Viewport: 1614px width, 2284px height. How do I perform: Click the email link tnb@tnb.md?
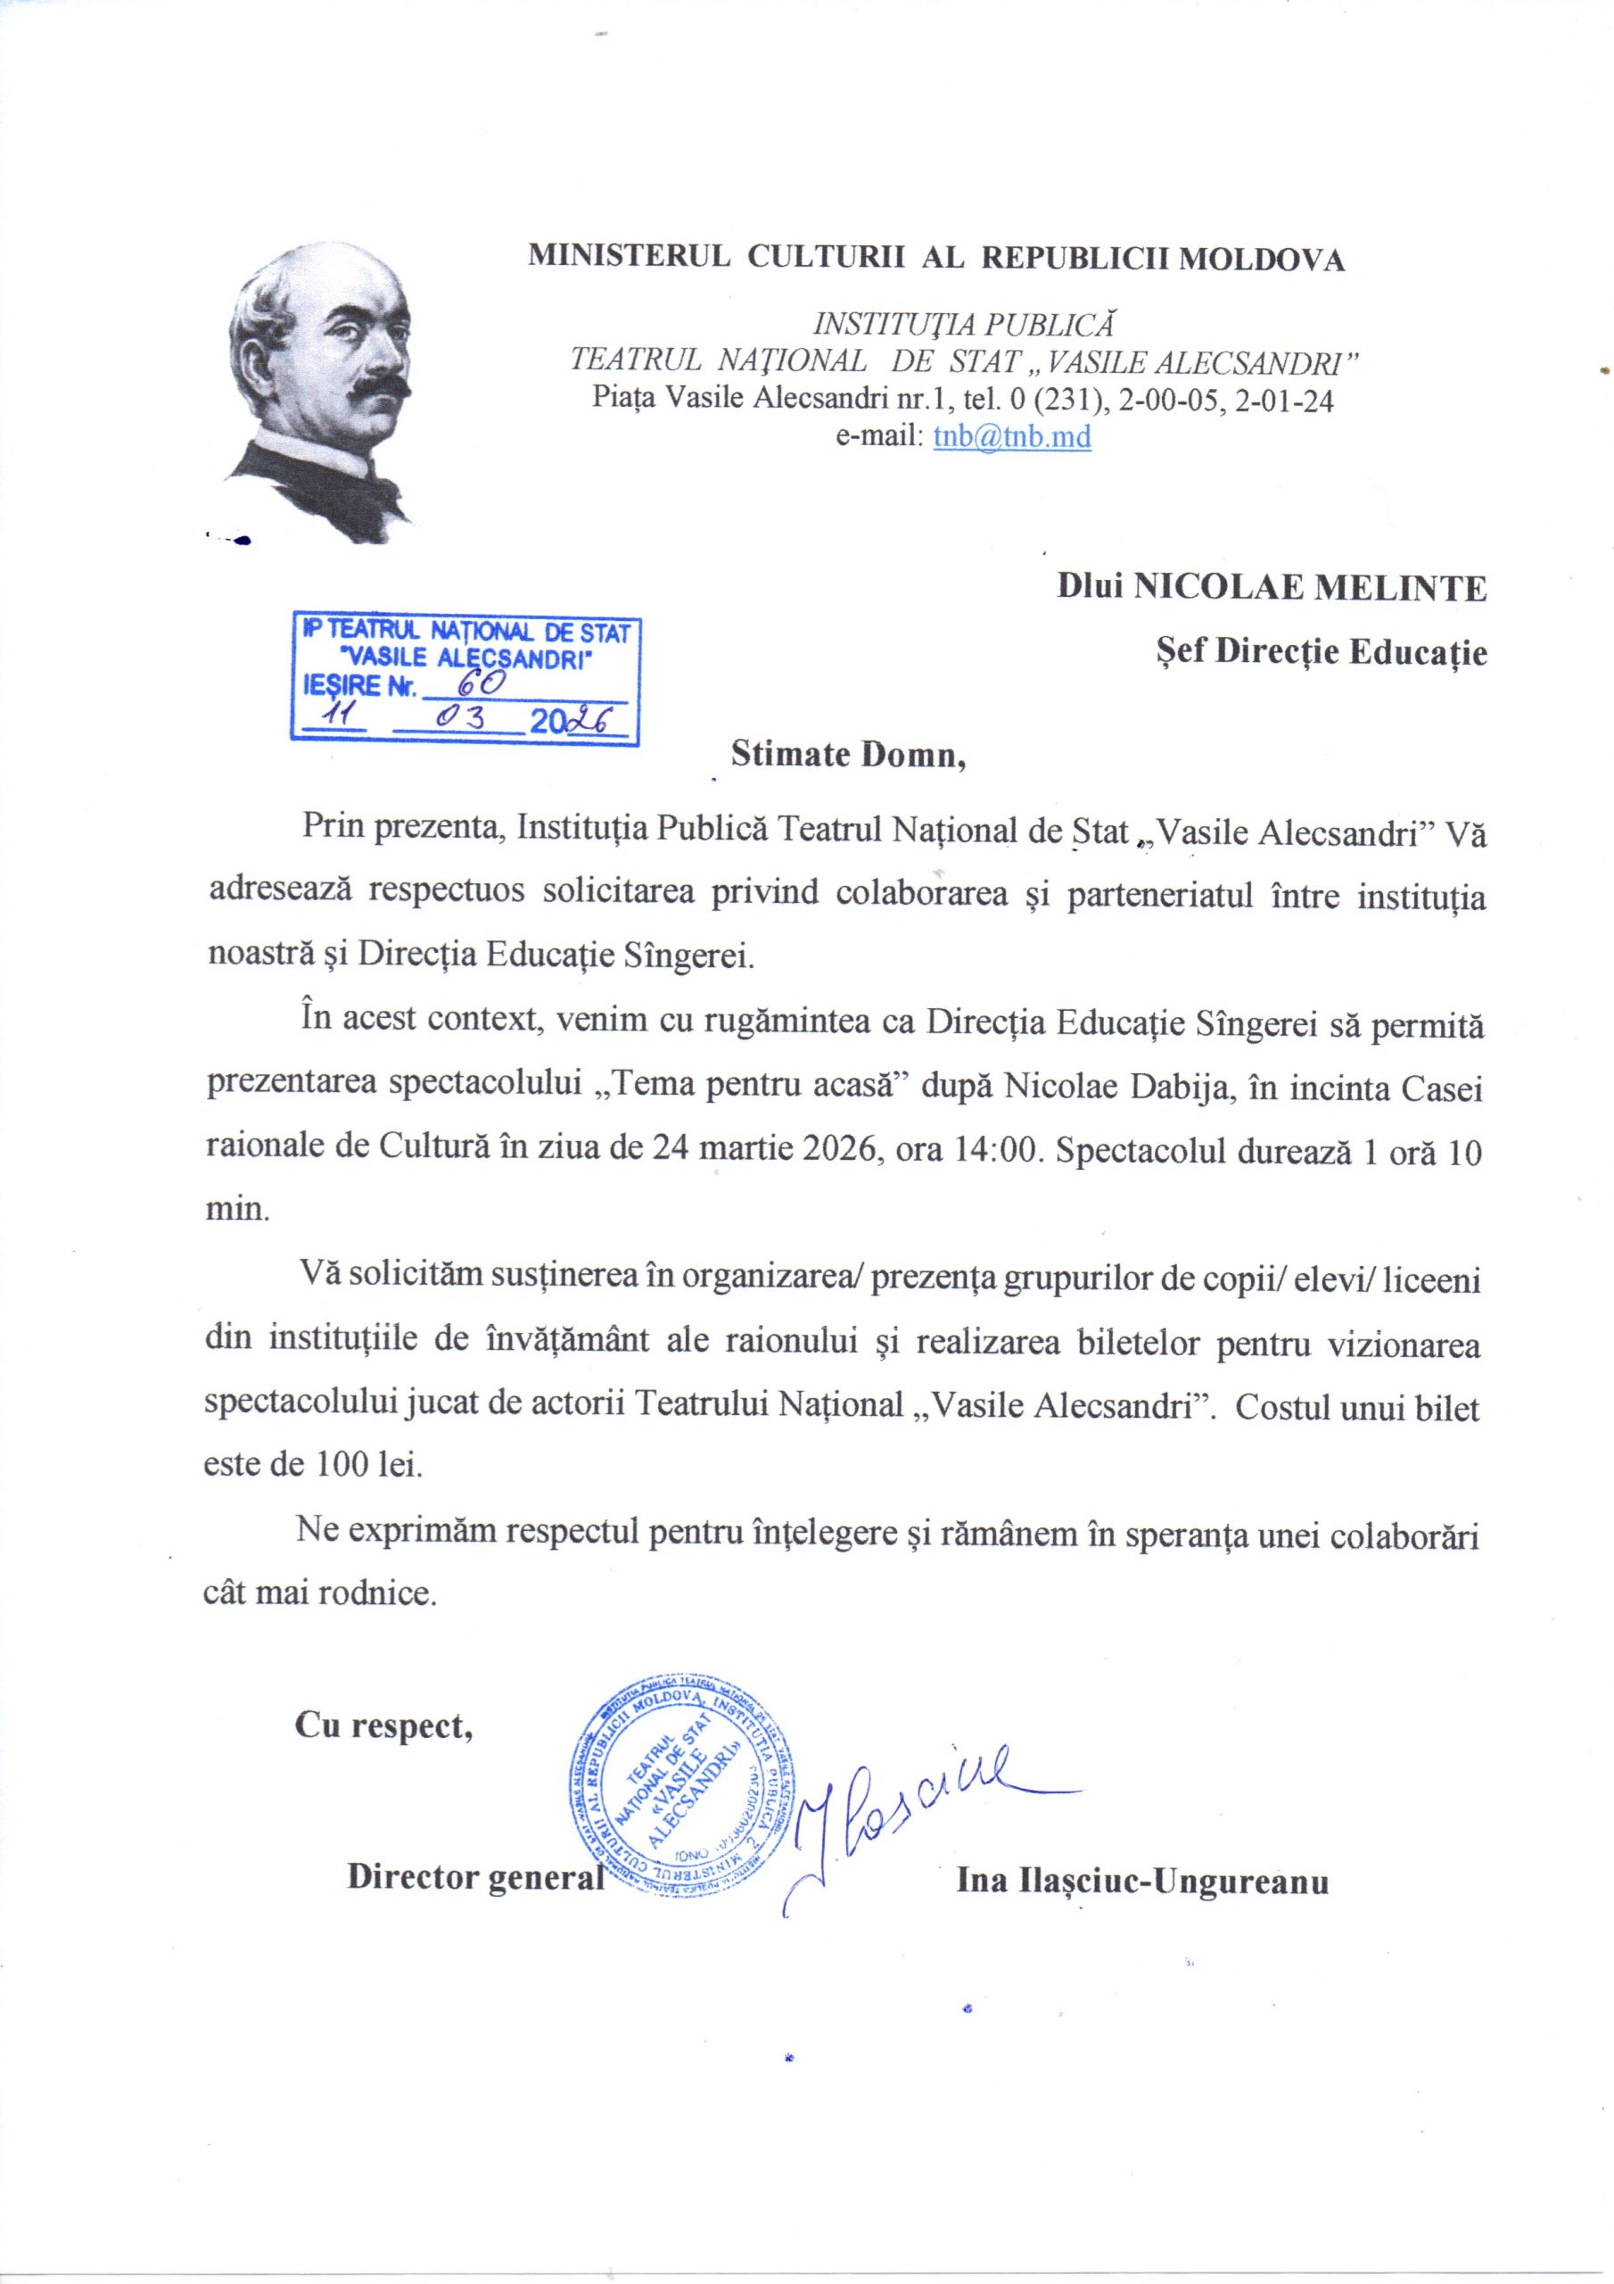pyautogui.click(x=1012, y=439)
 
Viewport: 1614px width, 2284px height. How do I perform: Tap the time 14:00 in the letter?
pyautogui.click(x=998, y=1154)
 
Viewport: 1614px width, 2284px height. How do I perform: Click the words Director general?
pyautogui.click(x=475, y=1880)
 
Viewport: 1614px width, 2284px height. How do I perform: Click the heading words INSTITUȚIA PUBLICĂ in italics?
pyautogui.click(x=964, y=324)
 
